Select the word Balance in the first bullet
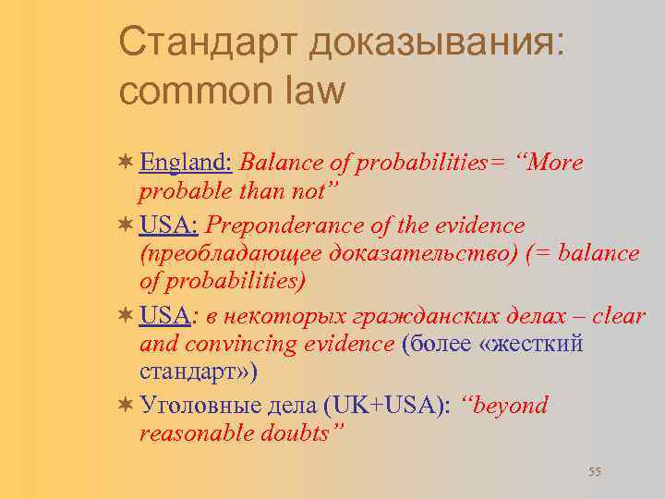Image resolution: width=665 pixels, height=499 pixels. click(274, 163)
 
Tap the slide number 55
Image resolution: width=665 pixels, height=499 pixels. click(594, 472)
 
